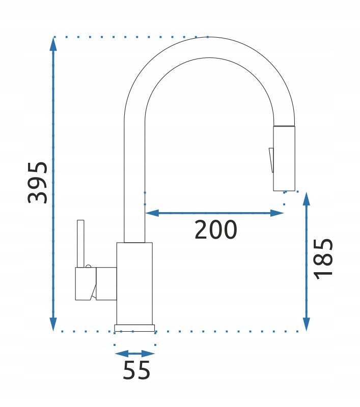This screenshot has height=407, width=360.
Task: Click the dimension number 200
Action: point(216,230)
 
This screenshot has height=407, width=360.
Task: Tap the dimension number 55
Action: point(136,370)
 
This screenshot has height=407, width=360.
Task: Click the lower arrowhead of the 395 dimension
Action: point(53,324)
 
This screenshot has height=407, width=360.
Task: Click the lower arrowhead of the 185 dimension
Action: point(306,324)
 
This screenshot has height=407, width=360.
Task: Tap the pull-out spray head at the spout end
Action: point(284,158)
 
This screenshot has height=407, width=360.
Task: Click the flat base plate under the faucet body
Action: point(135,328)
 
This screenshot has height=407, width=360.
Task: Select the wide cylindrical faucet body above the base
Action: point(134,282)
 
